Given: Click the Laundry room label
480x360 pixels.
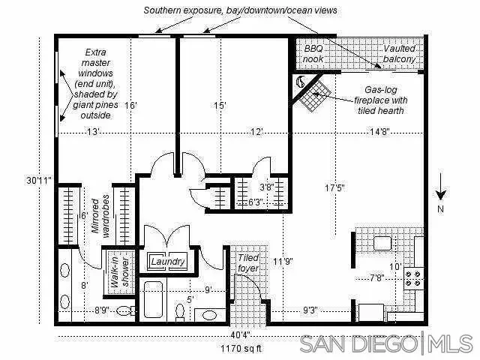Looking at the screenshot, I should tap(168, 262).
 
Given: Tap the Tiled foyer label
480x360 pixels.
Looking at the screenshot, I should tap(247, 262).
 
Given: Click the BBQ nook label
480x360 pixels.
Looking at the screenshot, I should tap(313, 52).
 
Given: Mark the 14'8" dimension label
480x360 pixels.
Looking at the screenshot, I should tap(379, 132).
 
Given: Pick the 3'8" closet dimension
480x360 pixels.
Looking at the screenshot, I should tap(265, 187).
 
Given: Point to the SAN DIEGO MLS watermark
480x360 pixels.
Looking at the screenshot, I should tap(385, 344).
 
